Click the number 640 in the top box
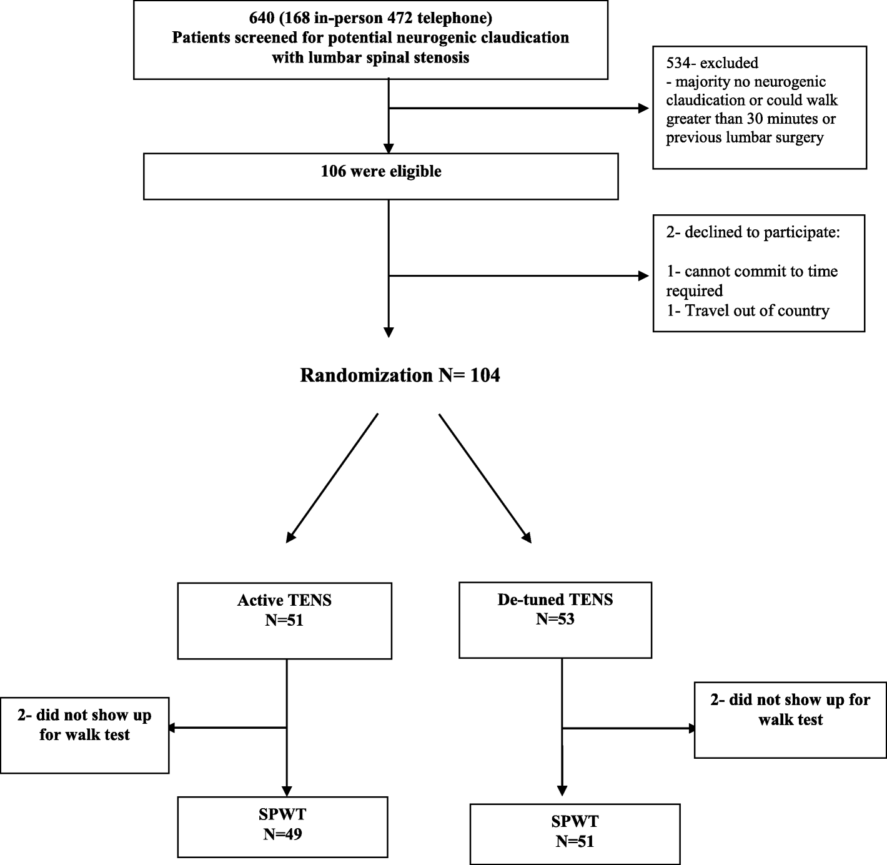(x=262, y=17)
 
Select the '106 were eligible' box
(x=380, y=176)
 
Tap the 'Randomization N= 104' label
(x=400, y=375)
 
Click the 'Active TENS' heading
(x=284, y=601)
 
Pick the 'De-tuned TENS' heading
(x=555, y=600)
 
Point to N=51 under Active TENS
(x=284, y=621)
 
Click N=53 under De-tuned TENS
(x=555, y=620)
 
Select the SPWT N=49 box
(x=282, y=826)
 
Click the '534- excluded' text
(x=712, y=63)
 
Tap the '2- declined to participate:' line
(x=753, y=233)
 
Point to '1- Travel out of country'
(x=748, y=311)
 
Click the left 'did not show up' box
(x=84, y=734)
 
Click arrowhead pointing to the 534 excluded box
(x=643, y=109)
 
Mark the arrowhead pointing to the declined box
(x=643, y=276)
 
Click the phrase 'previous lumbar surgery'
(x=745, y=138)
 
